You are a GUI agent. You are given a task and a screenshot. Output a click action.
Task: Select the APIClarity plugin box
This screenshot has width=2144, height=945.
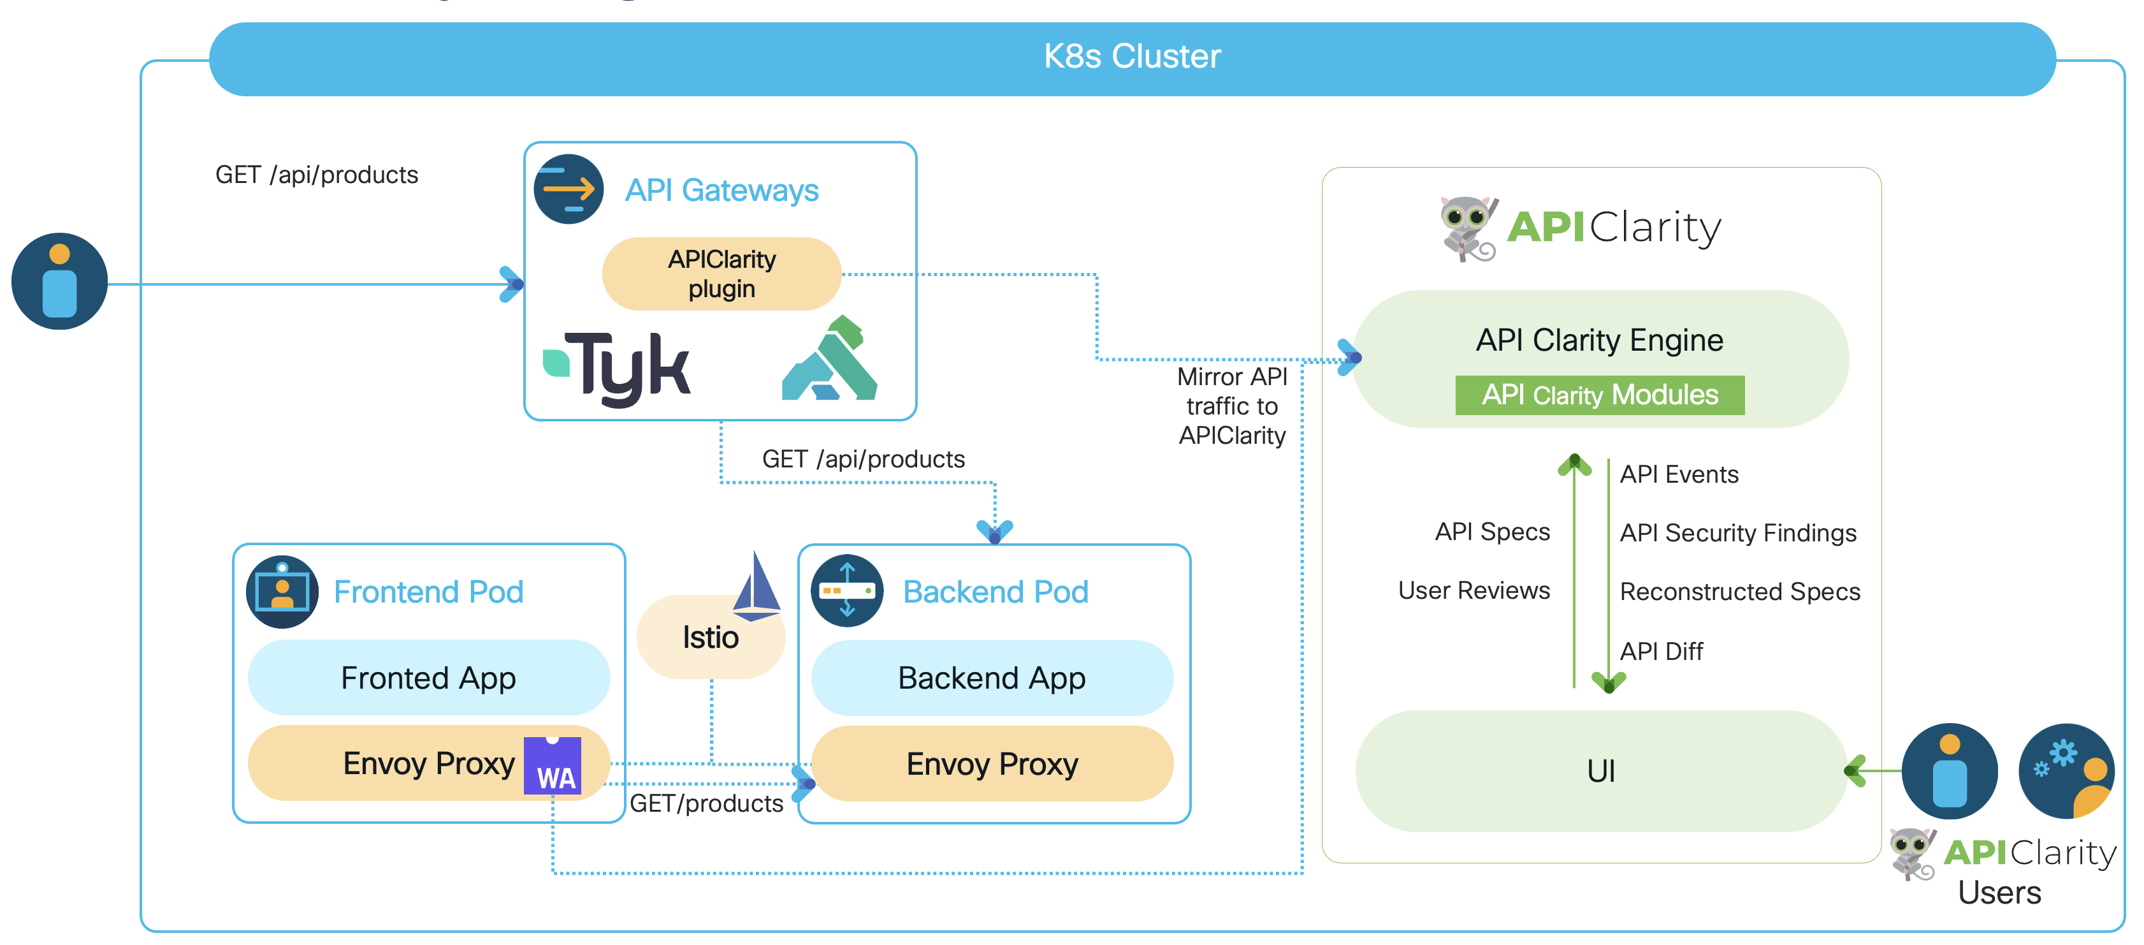point(721,274)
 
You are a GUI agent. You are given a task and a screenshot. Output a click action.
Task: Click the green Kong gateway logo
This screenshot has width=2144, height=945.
point(830,360)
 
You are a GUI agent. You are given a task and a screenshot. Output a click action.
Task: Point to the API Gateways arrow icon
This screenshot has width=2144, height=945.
point(569,189)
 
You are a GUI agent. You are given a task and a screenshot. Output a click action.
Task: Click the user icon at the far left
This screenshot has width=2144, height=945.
point(59,281)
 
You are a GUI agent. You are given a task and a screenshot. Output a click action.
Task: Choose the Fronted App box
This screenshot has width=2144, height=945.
point(429,678)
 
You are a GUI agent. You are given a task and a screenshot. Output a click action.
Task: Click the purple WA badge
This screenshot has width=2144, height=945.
point(553,766)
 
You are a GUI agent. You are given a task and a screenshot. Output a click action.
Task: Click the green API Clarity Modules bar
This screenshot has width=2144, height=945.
point(1599,395)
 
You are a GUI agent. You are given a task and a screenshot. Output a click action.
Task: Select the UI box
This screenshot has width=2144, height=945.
point(1600,771)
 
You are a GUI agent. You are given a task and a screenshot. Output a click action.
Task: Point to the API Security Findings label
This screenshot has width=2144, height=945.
point(1738,533)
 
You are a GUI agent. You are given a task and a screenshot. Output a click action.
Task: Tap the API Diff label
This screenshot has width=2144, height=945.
point(1662,651)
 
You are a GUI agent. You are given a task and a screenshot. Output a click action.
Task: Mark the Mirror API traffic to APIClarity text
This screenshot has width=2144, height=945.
point(1232,406)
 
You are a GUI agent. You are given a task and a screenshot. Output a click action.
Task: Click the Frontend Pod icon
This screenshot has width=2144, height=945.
point(282,592)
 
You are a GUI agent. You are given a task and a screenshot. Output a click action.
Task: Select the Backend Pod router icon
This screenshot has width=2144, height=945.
point(847,591)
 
